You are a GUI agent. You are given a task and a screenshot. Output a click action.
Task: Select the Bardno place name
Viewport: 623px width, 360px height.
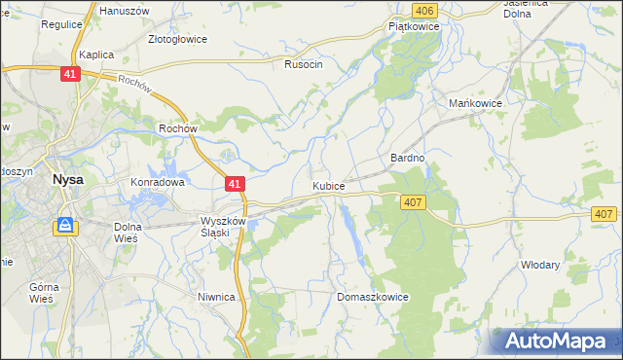[x=407, y=158]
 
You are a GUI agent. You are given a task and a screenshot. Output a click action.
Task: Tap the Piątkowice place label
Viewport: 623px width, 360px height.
[x=415, y=27]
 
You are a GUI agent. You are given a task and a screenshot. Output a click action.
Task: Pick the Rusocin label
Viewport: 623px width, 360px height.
[x=303, y=64]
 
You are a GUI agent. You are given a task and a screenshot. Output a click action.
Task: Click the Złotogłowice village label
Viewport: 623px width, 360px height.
[x=179, y=41]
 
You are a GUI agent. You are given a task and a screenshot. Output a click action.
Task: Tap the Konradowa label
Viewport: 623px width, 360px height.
[x=158, y=182]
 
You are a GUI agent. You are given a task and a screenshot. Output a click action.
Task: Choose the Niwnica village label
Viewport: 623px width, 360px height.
[x=216, y=298]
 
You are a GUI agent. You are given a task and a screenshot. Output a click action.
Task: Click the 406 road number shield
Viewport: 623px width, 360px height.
[x=422, y=10]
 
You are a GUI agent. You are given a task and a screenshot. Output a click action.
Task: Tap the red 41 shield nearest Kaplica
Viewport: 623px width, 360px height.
[x=68, y=74]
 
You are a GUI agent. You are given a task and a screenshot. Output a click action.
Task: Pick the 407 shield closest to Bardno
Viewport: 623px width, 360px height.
[x=411, y=200]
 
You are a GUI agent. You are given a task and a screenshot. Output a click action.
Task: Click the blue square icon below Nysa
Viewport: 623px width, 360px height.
[x=65, y=226]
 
